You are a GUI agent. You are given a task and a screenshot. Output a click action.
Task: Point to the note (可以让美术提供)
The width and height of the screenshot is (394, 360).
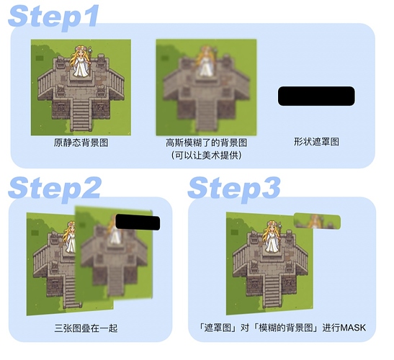205,156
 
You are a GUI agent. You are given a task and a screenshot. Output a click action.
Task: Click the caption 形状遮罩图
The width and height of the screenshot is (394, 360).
316,143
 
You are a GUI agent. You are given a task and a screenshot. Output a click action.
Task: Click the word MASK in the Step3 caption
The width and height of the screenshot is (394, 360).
352,328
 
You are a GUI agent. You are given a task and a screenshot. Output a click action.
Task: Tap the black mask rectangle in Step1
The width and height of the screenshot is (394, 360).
316,96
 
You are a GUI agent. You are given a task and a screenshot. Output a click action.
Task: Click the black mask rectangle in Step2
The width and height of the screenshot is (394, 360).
137,226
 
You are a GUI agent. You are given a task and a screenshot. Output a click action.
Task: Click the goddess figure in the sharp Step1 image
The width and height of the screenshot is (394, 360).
81,60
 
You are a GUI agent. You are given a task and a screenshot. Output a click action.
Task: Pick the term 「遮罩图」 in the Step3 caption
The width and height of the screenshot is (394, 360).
215,328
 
